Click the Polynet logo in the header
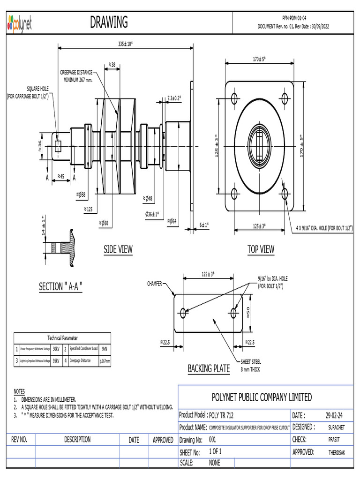(x=20, y=23)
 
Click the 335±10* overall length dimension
(x=125, y=44)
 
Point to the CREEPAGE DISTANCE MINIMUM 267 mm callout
(x=77, y=76)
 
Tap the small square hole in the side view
(x=58, y=146)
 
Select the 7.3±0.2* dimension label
(x=174, y=98)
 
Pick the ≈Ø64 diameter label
(x=172, y=221)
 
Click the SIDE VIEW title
(x=118, y=250)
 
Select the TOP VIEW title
(x=261, y=250)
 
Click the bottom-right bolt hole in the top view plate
(x=284, y=193)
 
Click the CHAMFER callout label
(x=155, y=284)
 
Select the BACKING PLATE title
(x=209, y=369)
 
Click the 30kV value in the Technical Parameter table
(x=56, y=349)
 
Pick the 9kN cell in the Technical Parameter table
(x=105, y=349)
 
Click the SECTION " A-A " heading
(x=60, y=286)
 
